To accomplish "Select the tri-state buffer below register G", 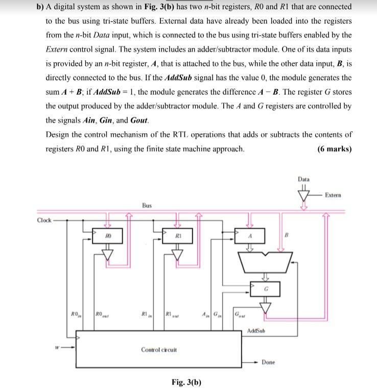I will [x=266, y=306].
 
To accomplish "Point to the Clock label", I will [x=44, y=220].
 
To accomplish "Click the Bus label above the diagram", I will [x=147, y=205].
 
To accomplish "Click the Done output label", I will [x=269, y=362].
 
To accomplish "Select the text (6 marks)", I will [x=334, y=149].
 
